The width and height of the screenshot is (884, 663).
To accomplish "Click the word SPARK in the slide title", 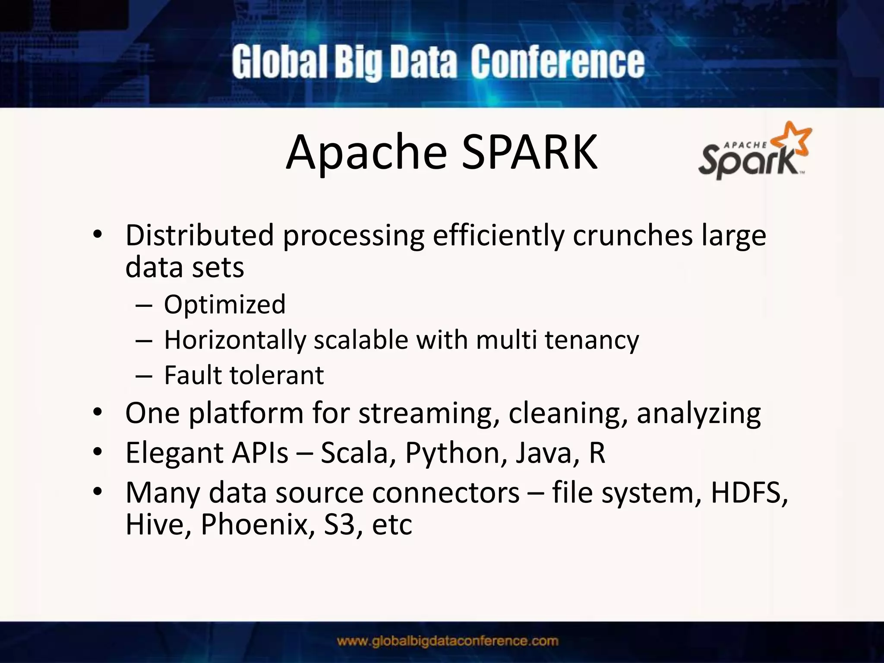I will [530, 152].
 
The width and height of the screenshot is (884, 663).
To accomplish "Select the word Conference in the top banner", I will [557, 63].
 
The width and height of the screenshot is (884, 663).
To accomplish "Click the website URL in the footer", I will [448, 641].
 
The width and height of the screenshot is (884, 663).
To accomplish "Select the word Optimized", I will [224, 304].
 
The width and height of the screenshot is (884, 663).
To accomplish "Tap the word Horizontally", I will [235, 340].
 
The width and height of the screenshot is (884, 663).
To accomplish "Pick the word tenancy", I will [591, 340].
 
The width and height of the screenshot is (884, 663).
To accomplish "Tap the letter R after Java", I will [597, 453].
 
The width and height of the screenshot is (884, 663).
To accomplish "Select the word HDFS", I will [749, 493].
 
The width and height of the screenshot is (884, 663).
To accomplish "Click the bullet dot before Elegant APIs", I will [98, 452].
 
